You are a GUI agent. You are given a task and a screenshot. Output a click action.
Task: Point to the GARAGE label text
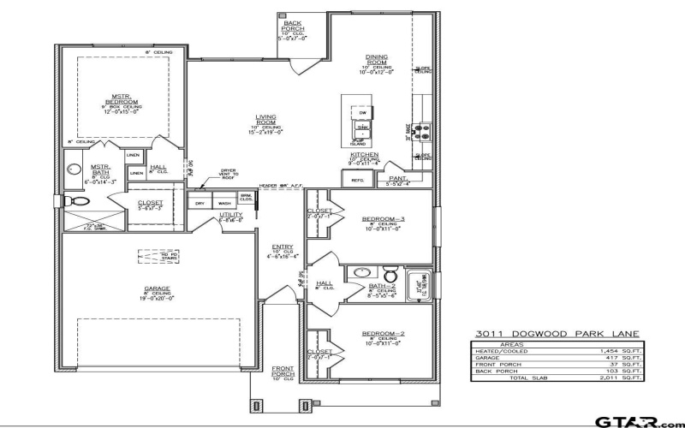click(x=157, y=289)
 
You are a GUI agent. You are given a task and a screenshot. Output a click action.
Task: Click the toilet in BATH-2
click(x=390, y=276)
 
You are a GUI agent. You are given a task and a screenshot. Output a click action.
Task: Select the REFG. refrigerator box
click(x=354, y=179)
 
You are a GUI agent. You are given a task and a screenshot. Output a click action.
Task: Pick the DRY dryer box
click(x=200, y=203)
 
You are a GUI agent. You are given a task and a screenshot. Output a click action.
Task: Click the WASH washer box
click(x=223, y=203)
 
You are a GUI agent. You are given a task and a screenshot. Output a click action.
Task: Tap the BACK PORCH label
click(x=291, y=26)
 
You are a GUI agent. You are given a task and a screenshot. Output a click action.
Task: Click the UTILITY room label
click(x=231, y=216)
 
